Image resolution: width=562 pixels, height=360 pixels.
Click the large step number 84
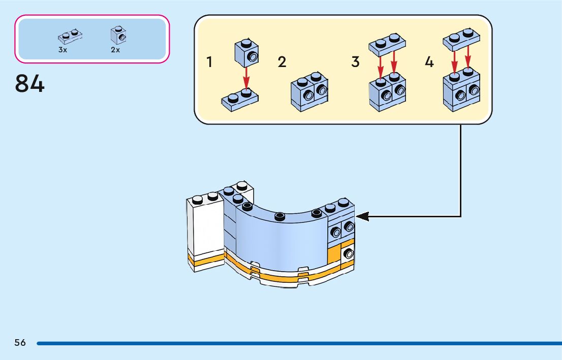coord(30,84)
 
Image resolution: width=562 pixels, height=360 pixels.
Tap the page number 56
coord(20,343)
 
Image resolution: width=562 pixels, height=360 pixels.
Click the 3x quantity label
coord(63,50)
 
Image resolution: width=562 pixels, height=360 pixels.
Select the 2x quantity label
coord(115,50)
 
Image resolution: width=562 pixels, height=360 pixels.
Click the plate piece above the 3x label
coord(70,36)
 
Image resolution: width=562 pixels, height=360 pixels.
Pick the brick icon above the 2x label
coord(118,35)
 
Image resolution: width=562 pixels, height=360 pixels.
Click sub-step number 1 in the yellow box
coord(209,62)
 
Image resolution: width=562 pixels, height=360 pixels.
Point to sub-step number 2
coord(282,62)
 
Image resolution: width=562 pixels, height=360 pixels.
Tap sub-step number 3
coord(355,62)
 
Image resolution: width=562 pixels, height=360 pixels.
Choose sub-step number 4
coord(429,62)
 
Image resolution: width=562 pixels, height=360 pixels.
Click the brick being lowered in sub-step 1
coord(246,53)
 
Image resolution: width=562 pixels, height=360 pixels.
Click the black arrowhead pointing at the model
coord(362,217)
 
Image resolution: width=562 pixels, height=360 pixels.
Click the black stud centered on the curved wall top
coord(279,217)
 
